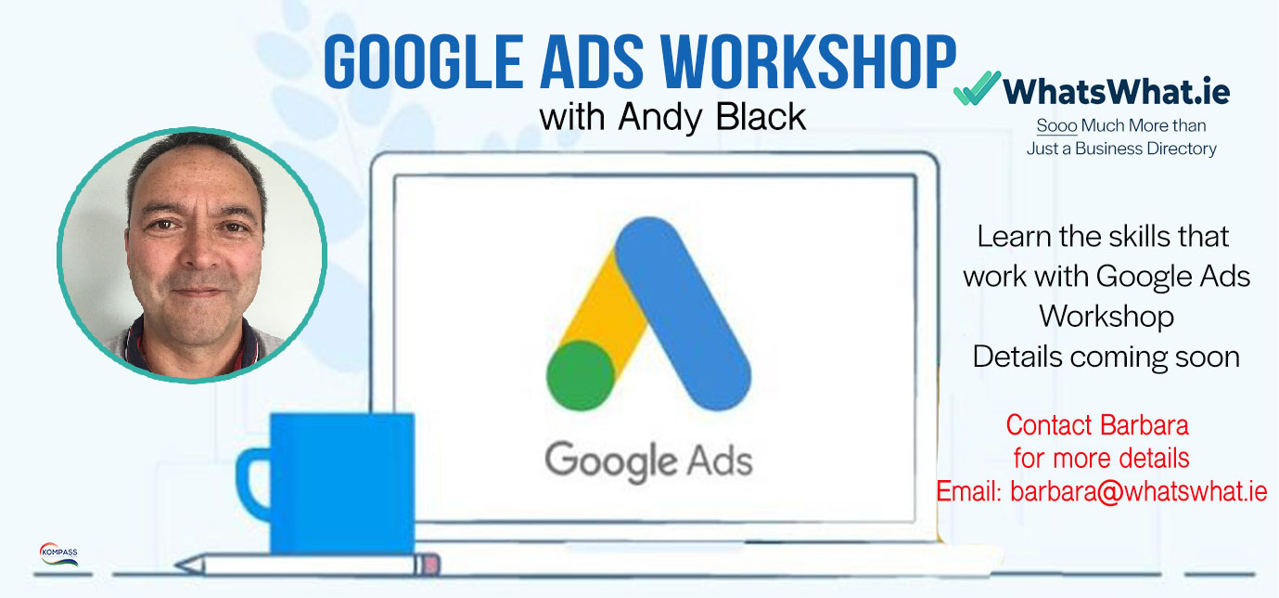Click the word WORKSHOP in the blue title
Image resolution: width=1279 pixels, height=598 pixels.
(x=809, y=61)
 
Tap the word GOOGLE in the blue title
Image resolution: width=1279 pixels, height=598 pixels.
(x=424, y=61)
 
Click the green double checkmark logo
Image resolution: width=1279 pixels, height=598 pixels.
(x=977, y=88)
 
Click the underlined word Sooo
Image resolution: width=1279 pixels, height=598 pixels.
(x=1057, y=125)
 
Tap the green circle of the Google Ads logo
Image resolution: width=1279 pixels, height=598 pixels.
(x=581, y=376)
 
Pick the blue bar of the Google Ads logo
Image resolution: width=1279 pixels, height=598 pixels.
(x=683, y=313)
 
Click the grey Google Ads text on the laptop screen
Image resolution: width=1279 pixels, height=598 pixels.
(x=648, y=461)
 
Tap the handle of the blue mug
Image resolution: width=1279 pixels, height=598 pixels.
(x=253, y=484)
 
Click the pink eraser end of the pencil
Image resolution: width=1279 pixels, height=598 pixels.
(x=428, y=565)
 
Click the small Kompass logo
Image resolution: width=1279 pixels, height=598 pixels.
(x=58, y=554)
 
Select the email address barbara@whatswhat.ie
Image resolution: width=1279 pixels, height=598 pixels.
(x=1139, y=491)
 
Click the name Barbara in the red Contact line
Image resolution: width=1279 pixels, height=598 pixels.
(x=1145, y=425)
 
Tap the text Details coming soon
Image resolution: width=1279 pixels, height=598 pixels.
(x=1106, y=357)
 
